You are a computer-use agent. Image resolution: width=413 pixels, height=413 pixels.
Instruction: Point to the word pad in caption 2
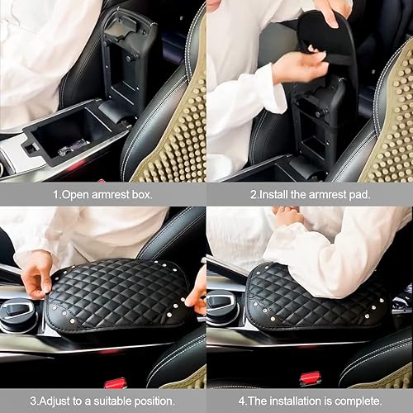click(362, 196)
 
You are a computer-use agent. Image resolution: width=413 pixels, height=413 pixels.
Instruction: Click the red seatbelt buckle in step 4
click(311, 377)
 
